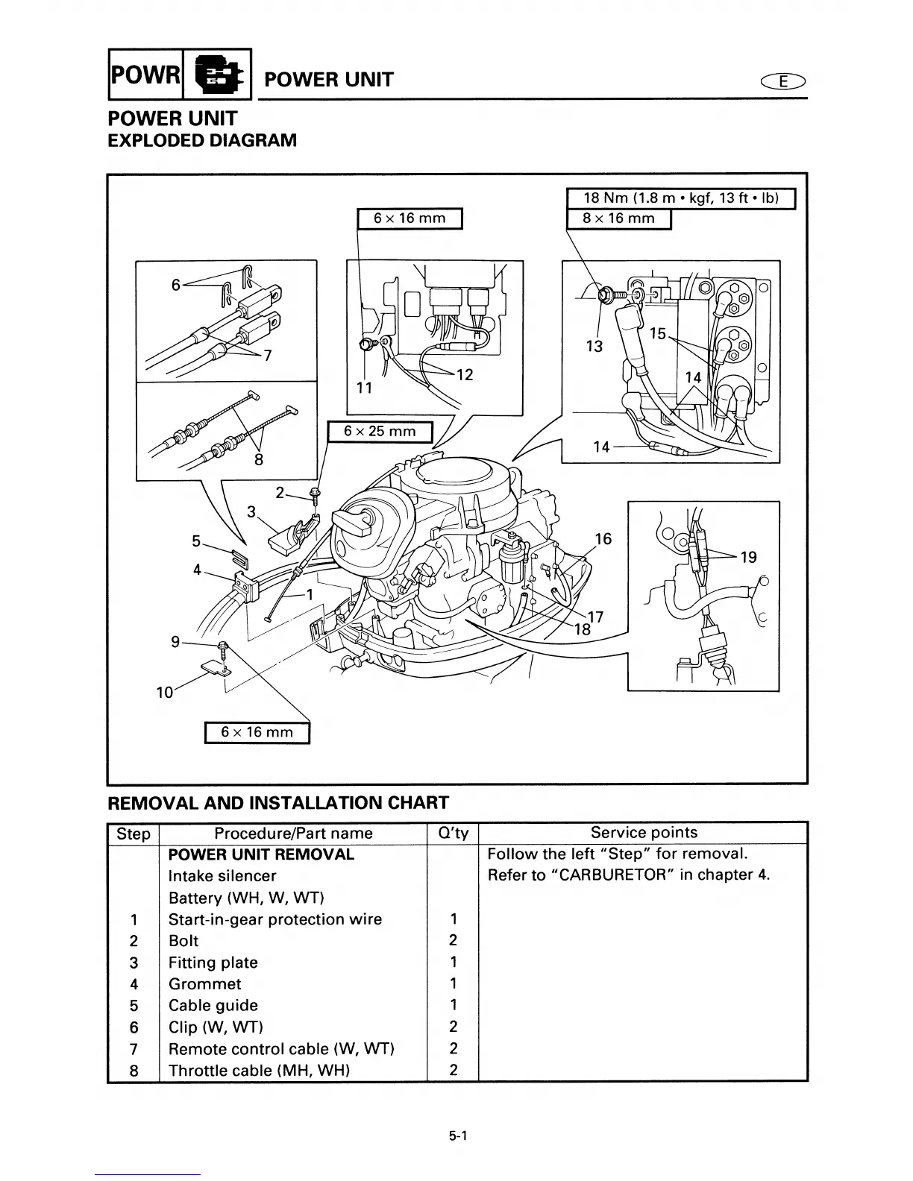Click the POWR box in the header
(x=145, y=75)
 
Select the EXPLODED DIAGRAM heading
(x=202, y=140)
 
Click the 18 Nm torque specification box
(x=680, y=198)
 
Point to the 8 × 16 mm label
(x=618, y=218)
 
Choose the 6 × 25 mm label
(x=380, y=432)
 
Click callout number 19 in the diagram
(x=748, y=557)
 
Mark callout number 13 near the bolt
(x=594, y=346)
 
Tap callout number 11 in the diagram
(x=363, y=388)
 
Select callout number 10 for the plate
(x=164, y=693)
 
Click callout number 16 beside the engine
(x=603, y=538)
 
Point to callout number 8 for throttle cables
(x=259, y=459)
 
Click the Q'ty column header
(x=453, y=834)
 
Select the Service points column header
(x=644, y=833)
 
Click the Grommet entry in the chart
(x=205, y=984)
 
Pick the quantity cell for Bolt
(x=453, y=941)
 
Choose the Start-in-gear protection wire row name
(x=275, y=919)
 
